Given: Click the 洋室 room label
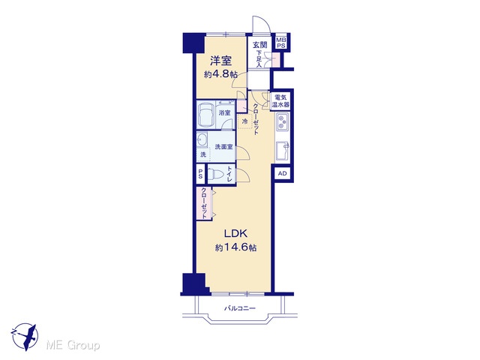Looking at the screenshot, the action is pyautogui.click(x=220, y=61).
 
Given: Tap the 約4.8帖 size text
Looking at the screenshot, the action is pyautogui.click(x=220, y=74).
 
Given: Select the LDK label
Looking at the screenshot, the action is pyautogui.click(x=235, y=234).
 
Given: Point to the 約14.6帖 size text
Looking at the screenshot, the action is pyautogui.click(x=235, y=247).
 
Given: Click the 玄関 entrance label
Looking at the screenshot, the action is pyautogui.click(x=260, y=45).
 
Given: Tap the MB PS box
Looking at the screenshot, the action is pyautogui.click(x=281, y=43).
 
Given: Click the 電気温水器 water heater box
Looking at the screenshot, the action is pyautogui.click(x=280, y=101).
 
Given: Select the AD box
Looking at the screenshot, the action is pyautogui.click(x=283, y=173).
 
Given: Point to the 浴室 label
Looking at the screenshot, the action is pyautogui.click(x=224, y=112).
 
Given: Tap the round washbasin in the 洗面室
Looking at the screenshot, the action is pyautogui.click(x=202, y=140).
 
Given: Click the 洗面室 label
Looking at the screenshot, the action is pyautogui.click(x=223, y=147).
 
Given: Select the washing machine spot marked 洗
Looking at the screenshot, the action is pyautogui.click(x=203, y=154).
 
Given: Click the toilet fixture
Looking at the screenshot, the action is pyautogui.click(x=217, y=175).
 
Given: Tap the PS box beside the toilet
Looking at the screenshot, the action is pyautogui.click(x=200, y=174).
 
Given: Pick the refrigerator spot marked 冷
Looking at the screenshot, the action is pyautogui.click(x=244, y=121).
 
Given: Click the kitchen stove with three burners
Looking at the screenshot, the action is pyautogui.click(x=282, y=121).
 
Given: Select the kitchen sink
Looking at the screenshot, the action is pyautogui.click(x=282, y=151).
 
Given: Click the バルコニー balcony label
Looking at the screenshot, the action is pyautogui.click(x=240, y=308).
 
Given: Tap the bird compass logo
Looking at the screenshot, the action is pyautogui.click(x=25, y=337).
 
